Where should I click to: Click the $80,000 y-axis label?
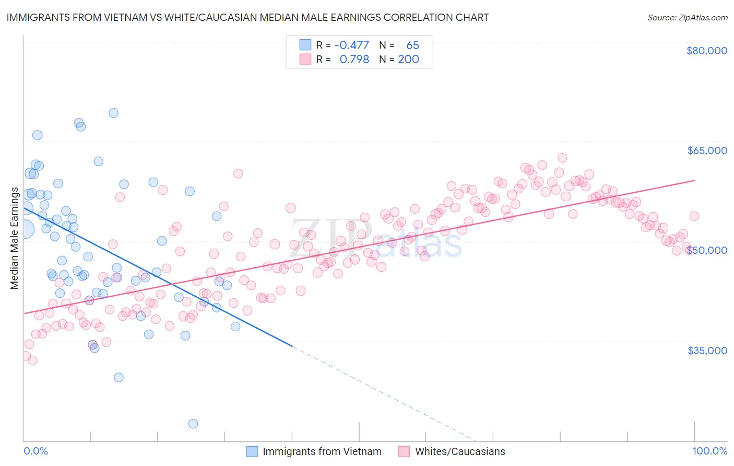[706, 51]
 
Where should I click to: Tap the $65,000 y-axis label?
[707, 150]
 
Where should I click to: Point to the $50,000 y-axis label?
[707, 250]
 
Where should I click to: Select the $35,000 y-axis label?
[707, 350]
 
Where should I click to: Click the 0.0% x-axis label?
[35, 451]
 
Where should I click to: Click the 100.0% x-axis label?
[709, 451]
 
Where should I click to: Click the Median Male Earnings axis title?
[15, 238]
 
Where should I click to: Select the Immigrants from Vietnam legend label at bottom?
[322, 451]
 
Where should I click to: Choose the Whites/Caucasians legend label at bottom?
[460, 451]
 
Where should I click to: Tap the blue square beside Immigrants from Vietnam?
[252, 451]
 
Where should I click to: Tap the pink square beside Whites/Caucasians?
[404, 451]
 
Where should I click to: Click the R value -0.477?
[351, 45]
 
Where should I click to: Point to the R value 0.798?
[354, 60]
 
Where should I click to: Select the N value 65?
[412, 45]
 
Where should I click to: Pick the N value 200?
[408, 60]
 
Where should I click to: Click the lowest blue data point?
[193, 424]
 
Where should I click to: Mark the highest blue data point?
[113, 113]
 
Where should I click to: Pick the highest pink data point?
[562, 158]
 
